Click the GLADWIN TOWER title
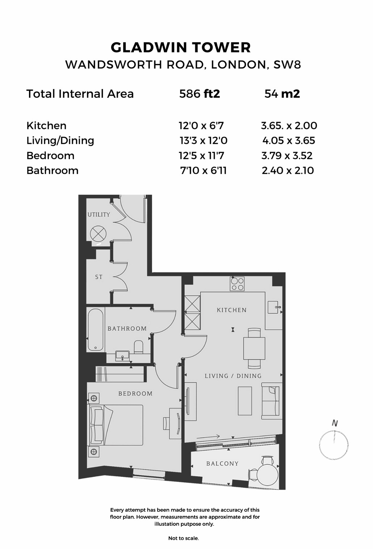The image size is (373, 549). [x=181, y=47]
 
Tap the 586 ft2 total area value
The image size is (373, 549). [x=200, y=94]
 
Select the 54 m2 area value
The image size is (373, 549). [x=282, y=94]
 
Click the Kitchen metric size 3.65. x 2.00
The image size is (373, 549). [x=289, y=126]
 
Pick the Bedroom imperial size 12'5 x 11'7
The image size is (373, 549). [x=201, y=156]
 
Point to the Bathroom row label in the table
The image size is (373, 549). [x=53, y=171]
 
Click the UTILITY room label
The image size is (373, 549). [x=99, y=214]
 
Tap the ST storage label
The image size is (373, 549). [x=99, y=277]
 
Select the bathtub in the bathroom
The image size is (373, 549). [x=96, y=330]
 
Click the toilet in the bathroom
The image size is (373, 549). [x=138, y=347]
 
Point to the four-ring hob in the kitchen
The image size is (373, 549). [x=237, y=284]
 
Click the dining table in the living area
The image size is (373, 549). [x=254, y=348]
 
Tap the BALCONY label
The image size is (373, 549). [x=222, y=464]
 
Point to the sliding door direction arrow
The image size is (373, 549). [x=208, y=436]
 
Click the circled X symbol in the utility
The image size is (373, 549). [x=98, y=234]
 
